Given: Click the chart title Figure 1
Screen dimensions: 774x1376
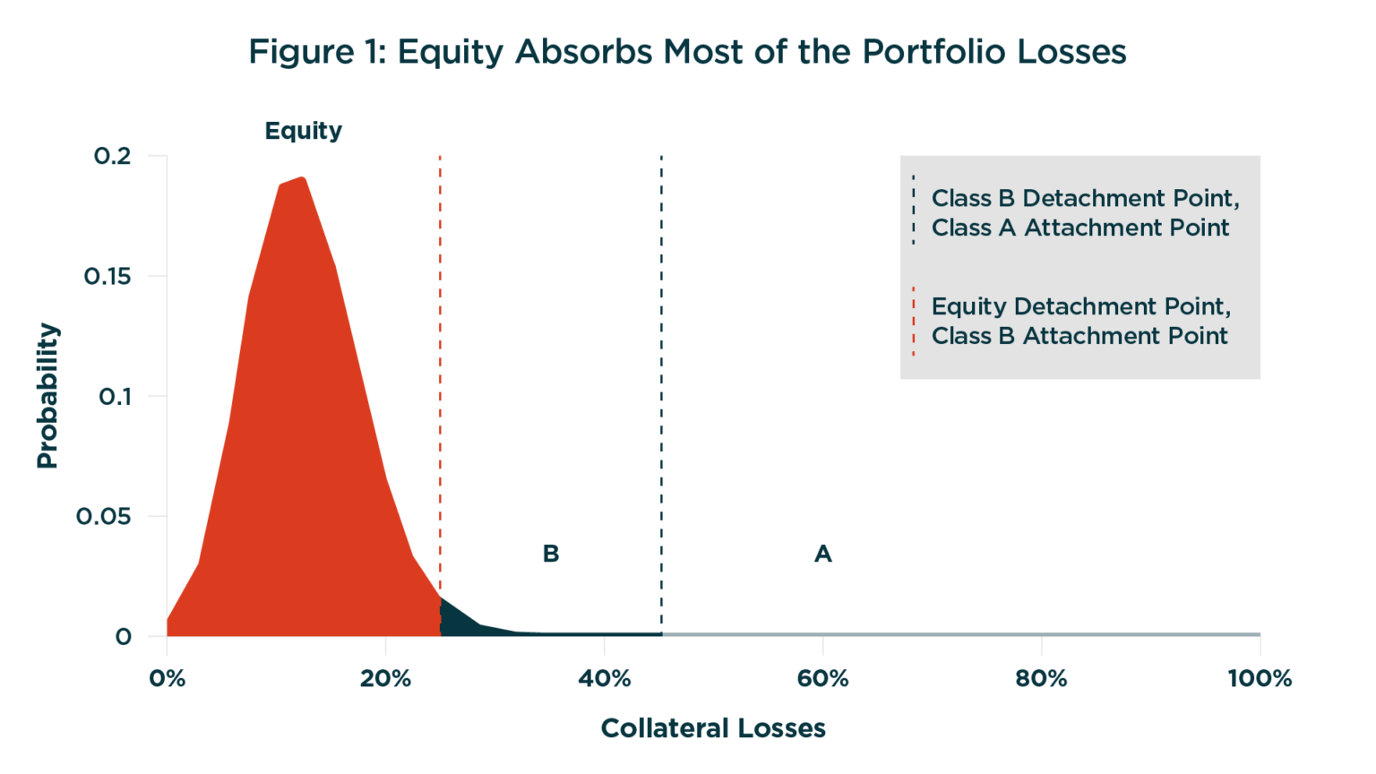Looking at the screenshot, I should click(687, 52).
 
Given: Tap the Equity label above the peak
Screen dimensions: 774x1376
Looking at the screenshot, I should click(303, 131).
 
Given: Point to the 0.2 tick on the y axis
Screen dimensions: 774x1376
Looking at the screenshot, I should click(112, 156).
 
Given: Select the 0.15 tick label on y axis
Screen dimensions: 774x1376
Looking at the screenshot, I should click(107, 276).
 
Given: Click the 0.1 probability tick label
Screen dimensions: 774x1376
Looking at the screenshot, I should click(115, 396).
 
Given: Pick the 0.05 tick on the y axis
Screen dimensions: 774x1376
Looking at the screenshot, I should click(103, 516).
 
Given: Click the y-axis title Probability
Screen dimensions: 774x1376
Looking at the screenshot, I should click(47, 395).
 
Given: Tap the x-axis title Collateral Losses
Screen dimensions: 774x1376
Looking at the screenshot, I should click(712, 728).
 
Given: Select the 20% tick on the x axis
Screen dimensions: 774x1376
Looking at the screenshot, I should click(385, 678).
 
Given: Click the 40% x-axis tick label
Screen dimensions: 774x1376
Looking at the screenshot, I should click(604, 678).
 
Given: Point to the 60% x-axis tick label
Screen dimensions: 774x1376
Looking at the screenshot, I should click(822, 678).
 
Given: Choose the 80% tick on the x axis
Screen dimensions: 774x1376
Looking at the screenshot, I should click(1041, 678).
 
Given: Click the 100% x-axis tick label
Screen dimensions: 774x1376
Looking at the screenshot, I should click(1259, 678).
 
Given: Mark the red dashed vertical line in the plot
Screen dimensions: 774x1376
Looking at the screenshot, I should click(440, 358).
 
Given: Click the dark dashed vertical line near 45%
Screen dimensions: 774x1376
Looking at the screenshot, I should click(661, 358).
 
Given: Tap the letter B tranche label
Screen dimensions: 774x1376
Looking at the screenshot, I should click(551, 554).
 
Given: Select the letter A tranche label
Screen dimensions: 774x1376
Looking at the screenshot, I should click(822, 554).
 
